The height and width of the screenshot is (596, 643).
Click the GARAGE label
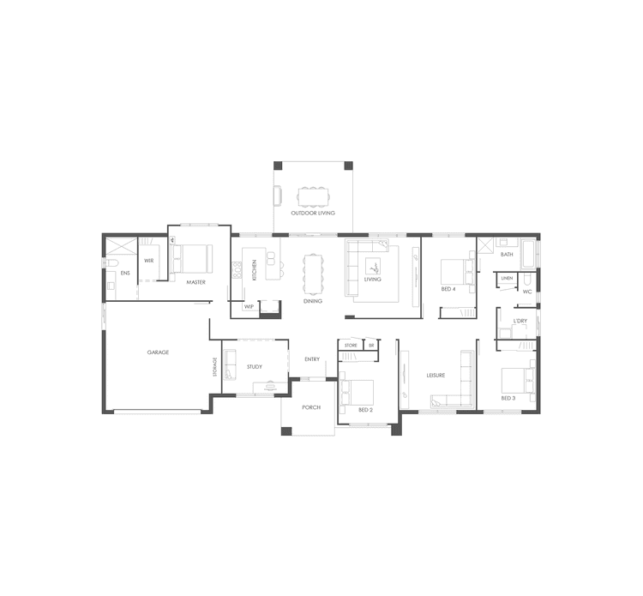point(158,352)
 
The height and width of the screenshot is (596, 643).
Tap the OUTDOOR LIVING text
point(312,213)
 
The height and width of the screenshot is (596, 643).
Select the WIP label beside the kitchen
point(249,306)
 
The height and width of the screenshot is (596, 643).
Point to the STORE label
point(351,345)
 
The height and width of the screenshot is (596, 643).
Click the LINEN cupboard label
point(507,279)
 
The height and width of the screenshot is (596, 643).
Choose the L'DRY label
point(520,322)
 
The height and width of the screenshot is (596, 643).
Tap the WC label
point(527,292)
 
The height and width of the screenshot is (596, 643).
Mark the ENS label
point(124,274)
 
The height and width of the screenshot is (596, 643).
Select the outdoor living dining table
point(311,197)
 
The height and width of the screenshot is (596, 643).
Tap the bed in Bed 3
point(518,379)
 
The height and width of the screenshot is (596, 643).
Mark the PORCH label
point(311,407)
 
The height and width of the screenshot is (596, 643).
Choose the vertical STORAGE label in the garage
point(215,366)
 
